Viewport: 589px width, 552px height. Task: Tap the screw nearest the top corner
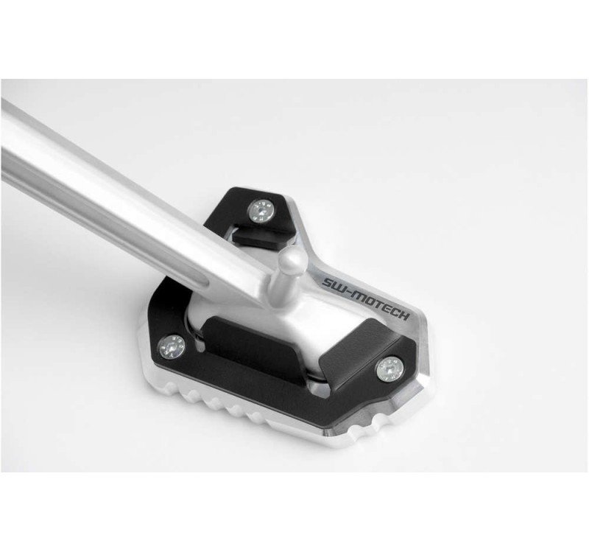(x=261, y=211)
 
